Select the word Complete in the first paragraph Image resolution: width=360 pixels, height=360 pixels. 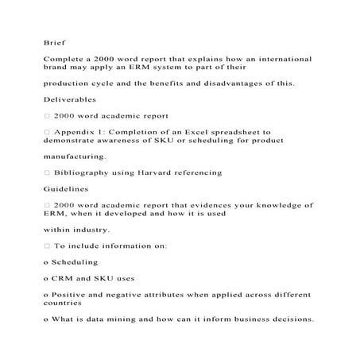pos(65,59)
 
